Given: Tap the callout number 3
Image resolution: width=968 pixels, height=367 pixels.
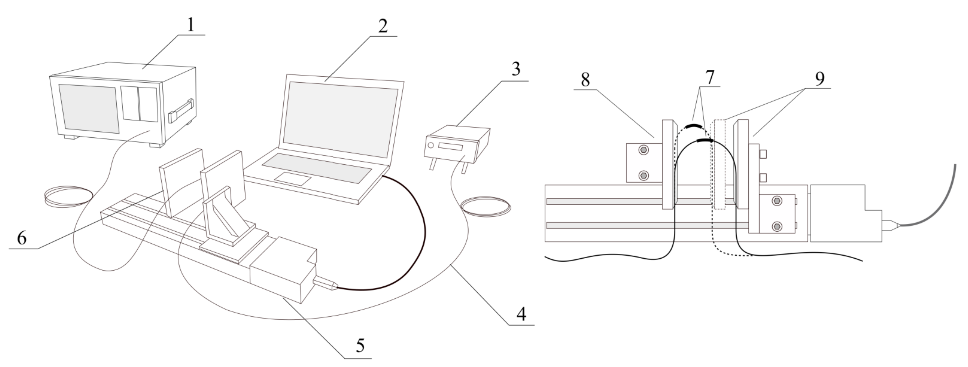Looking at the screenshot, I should pos(516,69).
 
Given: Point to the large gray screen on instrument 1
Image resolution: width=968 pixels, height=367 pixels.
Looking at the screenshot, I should pos(89,108).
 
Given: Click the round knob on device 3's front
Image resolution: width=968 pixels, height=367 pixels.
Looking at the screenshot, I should pos(431,145).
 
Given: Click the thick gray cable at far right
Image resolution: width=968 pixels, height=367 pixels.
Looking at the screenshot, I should pos(940,203).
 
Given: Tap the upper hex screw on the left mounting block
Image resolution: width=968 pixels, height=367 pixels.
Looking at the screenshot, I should pos(643,150).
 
